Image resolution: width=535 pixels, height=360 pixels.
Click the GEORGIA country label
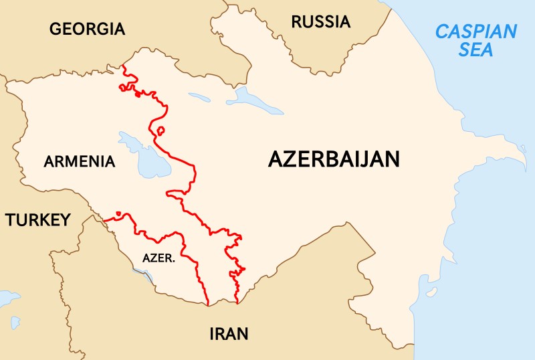[87, 29]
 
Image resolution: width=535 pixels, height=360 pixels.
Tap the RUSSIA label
[320, 22]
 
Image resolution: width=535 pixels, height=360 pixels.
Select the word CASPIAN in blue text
[475, 31]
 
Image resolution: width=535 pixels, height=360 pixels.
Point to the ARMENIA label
[80, 161]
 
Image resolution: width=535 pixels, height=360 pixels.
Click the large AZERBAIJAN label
[334, 159]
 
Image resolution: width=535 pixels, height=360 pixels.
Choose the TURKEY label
[37, 219]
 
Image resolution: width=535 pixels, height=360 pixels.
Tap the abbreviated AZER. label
[159, 258]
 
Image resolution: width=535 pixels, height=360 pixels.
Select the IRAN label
[229, 333]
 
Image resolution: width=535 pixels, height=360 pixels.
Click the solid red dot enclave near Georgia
[138, 94]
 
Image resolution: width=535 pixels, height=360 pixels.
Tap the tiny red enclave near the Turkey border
[118, 214]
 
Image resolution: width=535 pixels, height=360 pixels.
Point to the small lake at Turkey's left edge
[8, 296]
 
